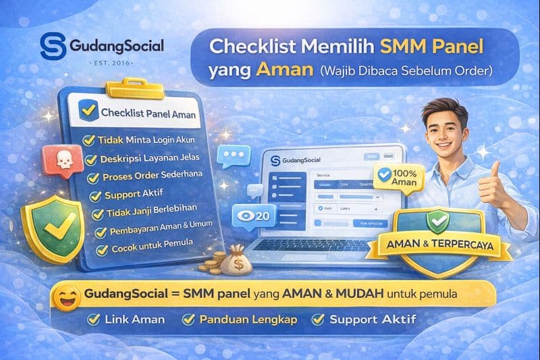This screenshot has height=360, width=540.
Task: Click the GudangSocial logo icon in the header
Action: (x=52, y=46)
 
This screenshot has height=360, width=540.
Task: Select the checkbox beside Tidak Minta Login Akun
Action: (x=88, y=140)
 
